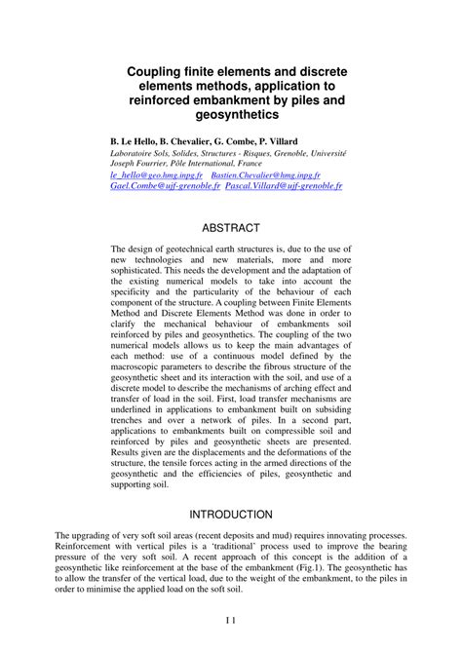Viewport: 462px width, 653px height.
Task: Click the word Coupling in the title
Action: coord(156,72)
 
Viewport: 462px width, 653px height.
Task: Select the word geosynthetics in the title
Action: coord(231,116)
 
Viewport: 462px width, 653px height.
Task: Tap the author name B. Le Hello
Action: coord(135,141)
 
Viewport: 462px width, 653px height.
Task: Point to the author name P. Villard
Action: coord(297,141)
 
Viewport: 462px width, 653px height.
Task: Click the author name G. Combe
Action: coord(243,141)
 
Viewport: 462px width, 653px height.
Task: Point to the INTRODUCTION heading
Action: coord(231,514)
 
